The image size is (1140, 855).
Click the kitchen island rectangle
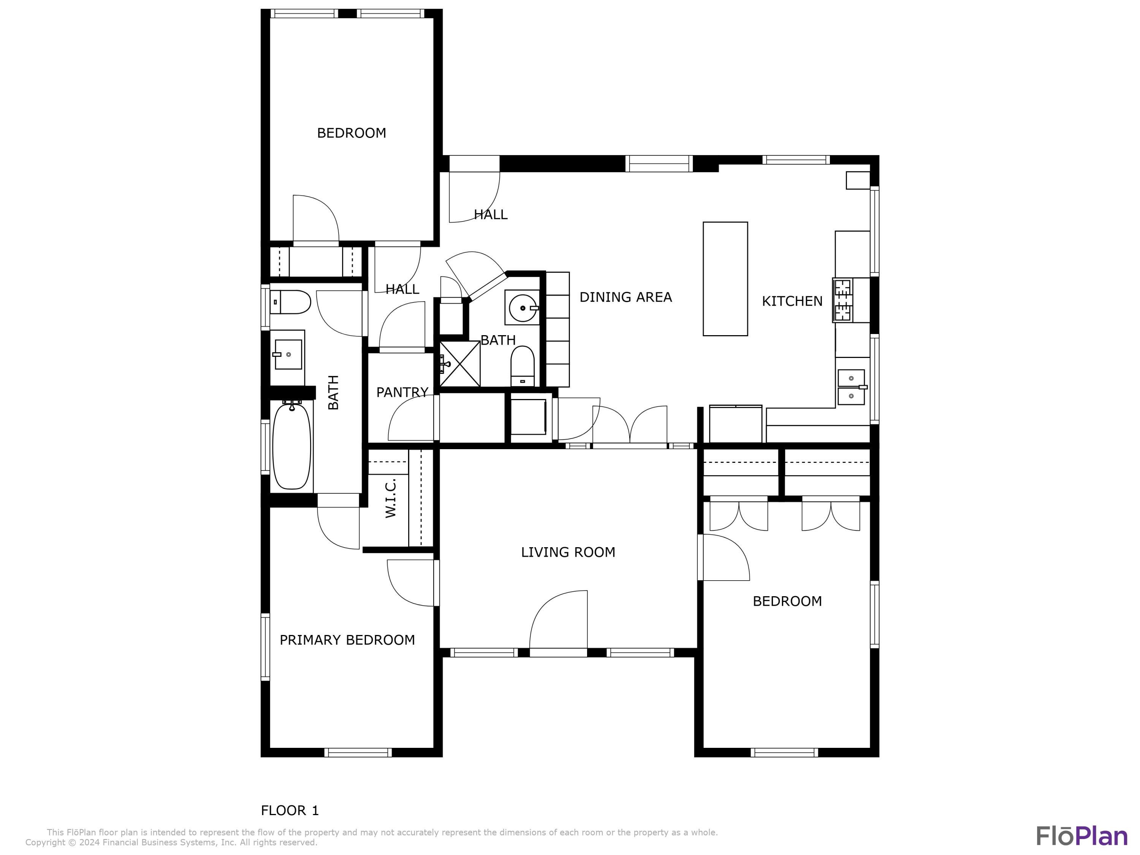point(725,279)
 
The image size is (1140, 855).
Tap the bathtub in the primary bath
point(292,446)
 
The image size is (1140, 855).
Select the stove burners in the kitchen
point(843,300)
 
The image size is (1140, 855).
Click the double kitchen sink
point(851,387)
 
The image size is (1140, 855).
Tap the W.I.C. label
point(390,497)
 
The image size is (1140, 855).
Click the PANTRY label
point(402,392)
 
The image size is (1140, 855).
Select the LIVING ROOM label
point(568,552)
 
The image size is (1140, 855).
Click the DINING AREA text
point(625,297)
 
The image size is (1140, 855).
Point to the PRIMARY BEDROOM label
point(347,640)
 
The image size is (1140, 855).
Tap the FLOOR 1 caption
point(290,810)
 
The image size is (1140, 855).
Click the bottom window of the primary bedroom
point(358,752)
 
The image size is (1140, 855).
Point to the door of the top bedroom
point(315,219)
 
